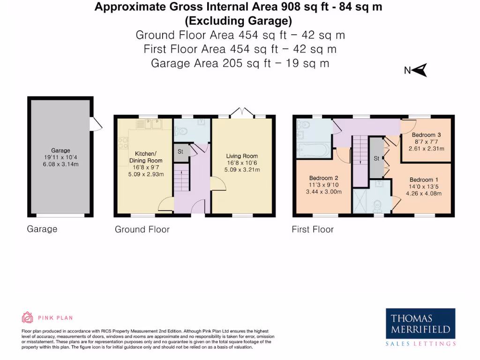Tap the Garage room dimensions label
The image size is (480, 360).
61,161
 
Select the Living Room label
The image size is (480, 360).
242,156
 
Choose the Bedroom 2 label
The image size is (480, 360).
323,178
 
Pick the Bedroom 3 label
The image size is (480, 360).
426,135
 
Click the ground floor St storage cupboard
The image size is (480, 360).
180,152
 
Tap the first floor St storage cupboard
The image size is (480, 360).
376,158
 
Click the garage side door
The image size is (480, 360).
96,124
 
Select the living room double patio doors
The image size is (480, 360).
242,112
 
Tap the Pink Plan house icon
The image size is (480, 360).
28,318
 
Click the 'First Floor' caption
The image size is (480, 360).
313,229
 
